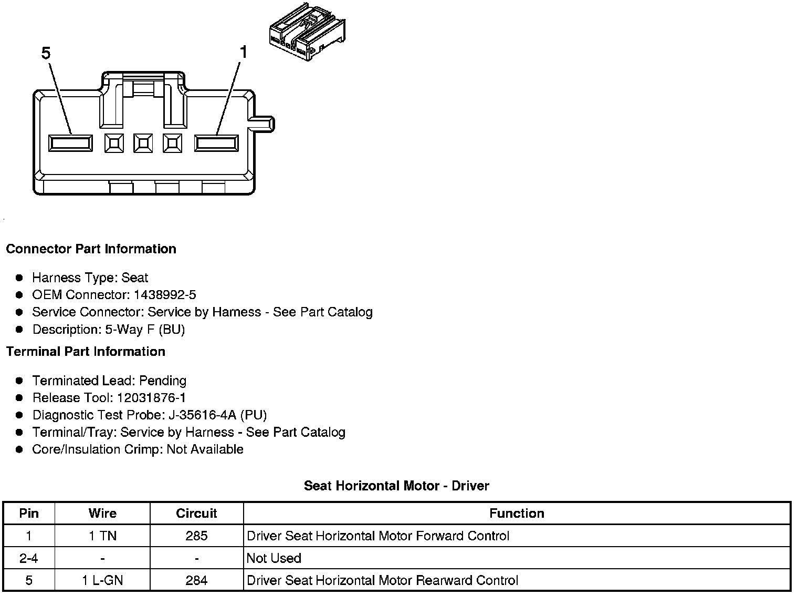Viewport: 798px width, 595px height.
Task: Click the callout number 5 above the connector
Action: click(x=46, y=53)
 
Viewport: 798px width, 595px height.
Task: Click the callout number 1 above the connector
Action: click(x=243, y=52)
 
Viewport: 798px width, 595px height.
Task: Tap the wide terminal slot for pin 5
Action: click(x=70, y=143)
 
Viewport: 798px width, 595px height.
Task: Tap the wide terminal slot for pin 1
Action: click(x=216, y=143)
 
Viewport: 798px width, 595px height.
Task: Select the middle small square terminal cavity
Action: click(x=143, y=143)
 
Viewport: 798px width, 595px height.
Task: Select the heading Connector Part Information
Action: click(x=91, y=249)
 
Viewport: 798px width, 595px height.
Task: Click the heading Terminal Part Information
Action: click(x=86, y=351)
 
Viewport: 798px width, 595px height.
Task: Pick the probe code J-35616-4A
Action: click(x=203, y=415)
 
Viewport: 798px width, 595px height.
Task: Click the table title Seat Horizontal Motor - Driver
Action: click(x=396, y=486)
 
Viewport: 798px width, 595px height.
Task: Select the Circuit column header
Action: click(x=196, y=513)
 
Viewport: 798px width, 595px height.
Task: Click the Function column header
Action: click(x=517, y=513)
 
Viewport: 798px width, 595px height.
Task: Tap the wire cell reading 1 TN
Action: click(x=102, y=536)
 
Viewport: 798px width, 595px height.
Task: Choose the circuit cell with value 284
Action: click(x=196, y=580)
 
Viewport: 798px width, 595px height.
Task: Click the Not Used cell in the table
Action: click(x=274, y=558)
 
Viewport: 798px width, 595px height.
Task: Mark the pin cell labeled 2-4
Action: click(x=29, y=558)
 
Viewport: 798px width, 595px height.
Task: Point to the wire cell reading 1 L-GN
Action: click(x=102, y=580)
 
